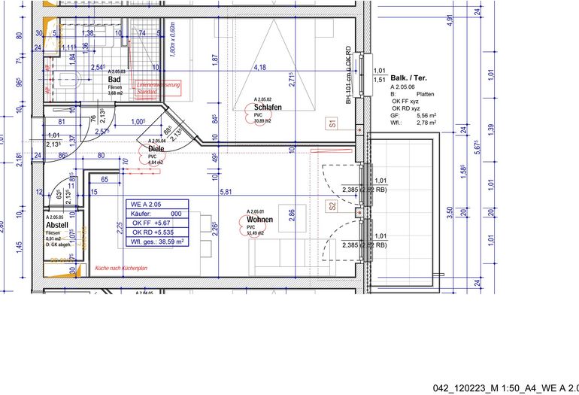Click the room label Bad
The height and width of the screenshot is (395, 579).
(115, 79)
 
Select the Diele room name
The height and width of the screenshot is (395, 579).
(156, 149)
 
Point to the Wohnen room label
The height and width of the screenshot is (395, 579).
(259, 220)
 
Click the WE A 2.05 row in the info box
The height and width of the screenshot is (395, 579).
(146, 204)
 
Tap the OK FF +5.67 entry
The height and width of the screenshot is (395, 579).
(151, 223)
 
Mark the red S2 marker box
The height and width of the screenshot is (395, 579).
(331, 205)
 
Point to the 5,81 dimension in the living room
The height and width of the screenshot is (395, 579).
(225, 192)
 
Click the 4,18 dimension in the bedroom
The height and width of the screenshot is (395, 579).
(260, 68)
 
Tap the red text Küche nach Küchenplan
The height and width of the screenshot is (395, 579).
(120, 268)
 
